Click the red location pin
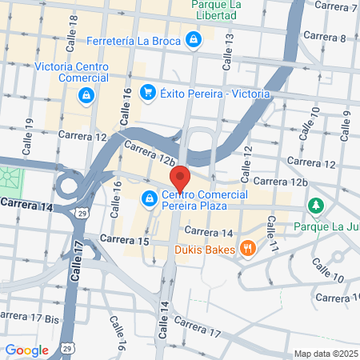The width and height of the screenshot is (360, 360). tap(178, 178)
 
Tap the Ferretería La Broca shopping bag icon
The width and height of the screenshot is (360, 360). tap(194, 38)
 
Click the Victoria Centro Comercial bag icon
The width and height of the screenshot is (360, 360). tap(85, 97)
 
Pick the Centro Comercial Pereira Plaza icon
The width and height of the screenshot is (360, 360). tap(150, 197)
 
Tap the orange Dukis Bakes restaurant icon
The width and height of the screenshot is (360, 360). tap(249, 249)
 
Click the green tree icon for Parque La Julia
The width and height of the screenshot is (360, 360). tap(316, 206)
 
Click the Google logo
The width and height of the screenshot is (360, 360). tap(27, 350)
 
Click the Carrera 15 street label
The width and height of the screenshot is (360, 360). tap(125, 240)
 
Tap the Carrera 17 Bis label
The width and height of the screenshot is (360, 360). tap(30, 318)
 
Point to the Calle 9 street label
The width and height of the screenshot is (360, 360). tap(347, 124)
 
